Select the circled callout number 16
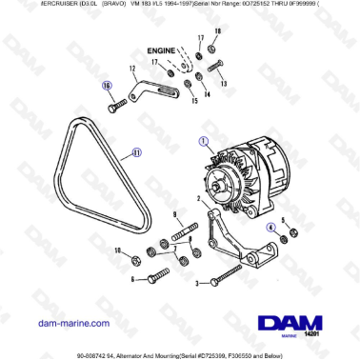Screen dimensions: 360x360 (x=108, y=84)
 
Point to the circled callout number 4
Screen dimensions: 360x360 (x=271, y=227)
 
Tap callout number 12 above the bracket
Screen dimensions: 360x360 (x=130, y=69)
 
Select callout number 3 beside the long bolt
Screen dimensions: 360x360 (x=196, y=283)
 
